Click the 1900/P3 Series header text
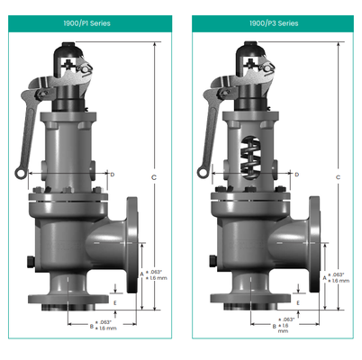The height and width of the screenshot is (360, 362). click(x=273, y=23)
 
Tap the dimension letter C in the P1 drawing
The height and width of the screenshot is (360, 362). click(x=154, y=177)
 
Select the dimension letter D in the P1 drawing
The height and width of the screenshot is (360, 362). click(x=112, y=173)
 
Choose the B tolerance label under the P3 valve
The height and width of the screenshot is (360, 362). click(x=285, y=325)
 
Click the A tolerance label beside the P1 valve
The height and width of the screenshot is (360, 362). click(x=154, y=275)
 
